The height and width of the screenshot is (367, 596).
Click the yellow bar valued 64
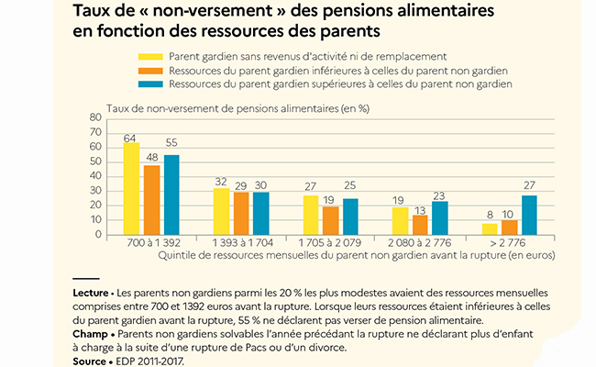click(131, 189)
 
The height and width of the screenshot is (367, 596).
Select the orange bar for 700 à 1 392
click(151, 200)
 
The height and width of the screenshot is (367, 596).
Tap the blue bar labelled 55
click(171, 195)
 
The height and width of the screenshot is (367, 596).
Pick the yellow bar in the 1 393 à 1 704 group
click(221, 212)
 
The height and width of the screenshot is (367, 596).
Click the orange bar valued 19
click(331, 221)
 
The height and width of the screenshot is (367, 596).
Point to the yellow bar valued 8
click(490, 229)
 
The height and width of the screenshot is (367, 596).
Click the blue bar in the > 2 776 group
click(530, 215)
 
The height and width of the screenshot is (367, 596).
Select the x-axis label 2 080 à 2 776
click(421, 244)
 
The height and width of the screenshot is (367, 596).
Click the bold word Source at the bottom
click(92, 361)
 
